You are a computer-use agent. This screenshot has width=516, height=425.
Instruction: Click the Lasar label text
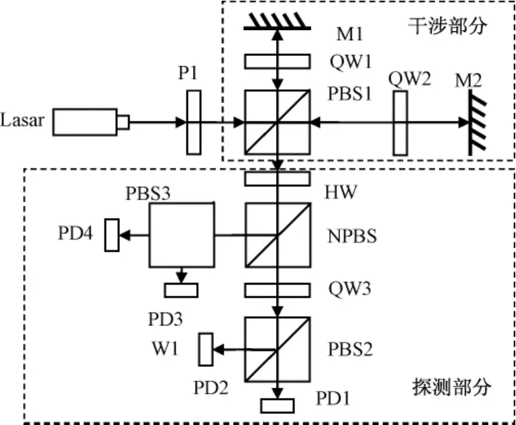[x=22, y=122]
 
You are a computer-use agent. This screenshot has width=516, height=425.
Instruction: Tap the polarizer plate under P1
[x=194, y=122]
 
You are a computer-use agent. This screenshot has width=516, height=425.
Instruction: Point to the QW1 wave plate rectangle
[x=275, y=61]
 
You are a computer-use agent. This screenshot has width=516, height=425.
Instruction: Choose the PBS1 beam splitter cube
[x=276, y=122]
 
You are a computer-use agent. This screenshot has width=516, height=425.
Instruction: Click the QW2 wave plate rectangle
[x=400, y=122]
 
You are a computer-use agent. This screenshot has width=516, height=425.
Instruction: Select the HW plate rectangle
[x=275, y=179]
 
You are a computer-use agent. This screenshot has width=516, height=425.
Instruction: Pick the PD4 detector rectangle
[x=112, y=235]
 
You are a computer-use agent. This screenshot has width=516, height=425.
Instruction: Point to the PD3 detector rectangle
[x=181, y=290]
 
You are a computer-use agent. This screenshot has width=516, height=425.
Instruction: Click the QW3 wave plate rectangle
[x=275, y=290]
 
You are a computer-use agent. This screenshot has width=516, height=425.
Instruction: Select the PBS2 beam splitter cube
[x=276, y=350]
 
